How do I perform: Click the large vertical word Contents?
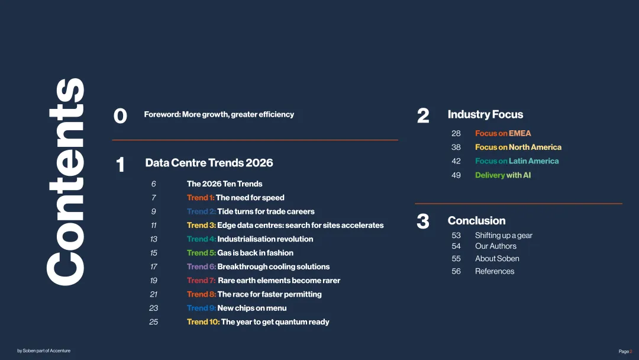[66, 182]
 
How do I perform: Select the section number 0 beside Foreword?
[120, 116]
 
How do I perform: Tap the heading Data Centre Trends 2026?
[209, 163]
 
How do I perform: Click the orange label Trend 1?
[201, 198]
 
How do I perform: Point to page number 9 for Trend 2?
[153, 211]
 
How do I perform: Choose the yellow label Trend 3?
[201, 226]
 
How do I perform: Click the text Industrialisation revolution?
[265, 239]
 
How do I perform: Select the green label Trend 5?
[201, 253]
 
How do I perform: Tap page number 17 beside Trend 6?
[153, 266]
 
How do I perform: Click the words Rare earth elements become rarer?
[279, 281]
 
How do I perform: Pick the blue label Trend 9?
[201, 308]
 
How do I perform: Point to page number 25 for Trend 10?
[153, 322]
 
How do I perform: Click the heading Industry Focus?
[485, 114]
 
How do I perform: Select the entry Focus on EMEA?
[503, 133]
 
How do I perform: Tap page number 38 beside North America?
[456, 147]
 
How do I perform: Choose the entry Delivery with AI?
[503, 175]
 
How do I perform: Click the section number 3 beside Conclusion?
[423, 222]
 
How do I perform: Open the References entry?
[495, 271]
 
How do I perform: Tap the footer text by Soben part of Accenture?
[44, 351]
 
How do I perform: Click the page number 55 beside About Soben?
[456, 259]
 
